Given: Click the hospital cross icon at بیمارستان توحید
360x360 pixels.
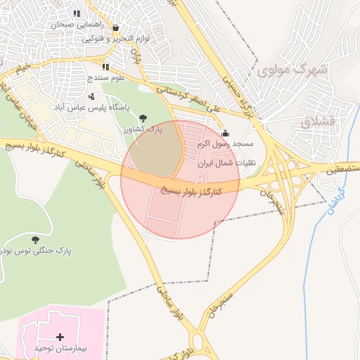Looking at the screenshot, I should [x=60, y=337].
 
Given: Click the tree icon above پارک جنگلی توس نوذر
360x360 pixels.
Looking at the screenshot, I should [x=35, y=240].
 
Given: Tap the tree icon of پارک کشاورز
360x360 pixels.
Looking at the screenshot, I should [x=143, y=118].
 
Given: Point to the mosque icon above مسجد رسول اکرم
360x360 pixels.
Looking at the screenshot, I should [x=225, y=134].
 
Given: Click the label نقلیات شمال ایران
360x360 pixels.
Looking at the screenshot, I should [x=226, y=162].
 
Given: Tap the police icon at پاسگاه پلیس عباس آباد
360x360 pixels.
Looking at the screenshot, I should [x=91, y=96].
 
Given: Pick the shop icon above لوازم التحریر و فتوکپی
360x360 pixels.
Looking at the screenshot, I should [x=115, y=29].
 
